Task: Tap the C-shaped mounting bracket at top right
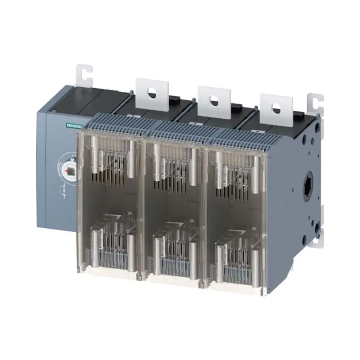point(315,103)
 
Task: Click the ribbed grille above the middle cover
point(178,129)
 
